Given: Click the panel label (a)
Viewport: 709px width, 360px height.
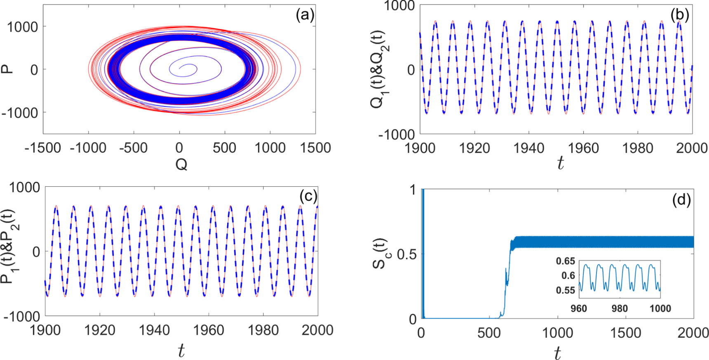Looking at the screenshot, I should pyautogui.click(x=305, y=15).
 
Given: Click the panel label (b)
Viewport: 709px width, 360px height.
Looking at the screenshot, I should pyautogui.click(x=680, y=15).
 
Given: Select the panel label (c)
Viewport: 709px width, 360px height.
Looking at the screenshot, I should pyautogui.click(x=308, y=196).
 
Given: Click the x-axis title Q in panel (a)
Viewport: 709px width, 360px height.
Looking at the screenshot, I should pyautogui.click(x=181, y=165).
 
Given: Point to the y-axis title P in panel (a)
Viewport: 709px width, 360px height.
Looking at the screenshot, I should pyautogui.click(x=7, y=69).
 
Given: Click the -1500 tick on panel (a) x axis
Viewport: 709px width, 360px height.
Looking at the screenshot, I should pyautogui.click(x=43, y=148).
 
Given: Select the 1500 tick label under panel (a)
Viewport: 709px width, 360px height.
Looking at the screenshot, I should pyautogui.click(x=315, y=148).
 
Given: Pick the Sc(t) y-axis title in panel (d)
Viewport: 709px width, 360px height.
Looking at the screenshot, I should pyautogui.click(x=380, y=253).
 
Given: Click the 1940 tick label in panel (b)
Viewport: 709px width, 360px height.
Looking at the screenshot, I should pyautogui.click(x=529, y=148).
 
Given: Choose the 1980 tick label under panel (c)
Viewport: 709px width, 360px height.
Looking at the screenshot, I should pyautogui.click(x=263, y=330).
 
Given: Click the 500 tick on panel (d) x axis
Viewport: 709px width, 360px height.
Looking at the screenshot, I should pyautogui.click(x=489, y=332).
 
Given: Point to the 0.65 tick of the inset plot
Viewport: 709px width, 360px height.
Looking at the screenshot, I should pyautogui.click(x=565, y=261).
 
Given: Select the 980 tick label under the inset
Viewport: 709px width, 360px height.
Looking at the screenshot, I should pyautogui.click(x=619, y=308).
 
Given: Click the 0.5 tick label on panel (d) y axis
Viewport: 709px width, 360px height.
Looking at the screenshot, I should pyautogui.click(x=406, y=254).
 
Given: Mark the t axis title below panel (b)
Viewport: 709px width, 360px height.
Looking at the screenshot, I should pyautogui.click(x=560, y=163).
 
